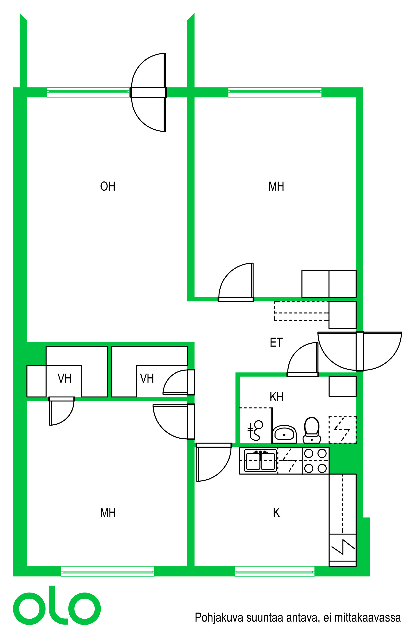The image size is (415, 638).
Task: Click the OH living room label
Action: tap(108, 186)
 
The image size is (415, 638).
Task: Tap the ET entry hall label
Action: tap(276, 342)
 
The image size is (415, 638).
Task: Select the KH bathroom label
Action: tap(276, 397)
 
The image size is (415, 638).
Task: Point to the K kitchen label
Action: tap(276, 513)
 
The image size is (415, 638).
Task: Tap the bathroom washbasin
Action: tap(284, 434)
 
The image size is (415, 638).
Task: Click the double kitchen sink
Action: tap(260, 460)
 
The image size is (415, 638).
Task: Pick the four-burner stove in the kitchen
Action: tap(315, 460)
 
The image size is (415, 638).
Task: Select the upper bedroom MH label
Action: tap(276, 186)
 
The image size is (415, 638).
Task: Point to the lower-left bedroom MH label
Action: tap(108, 513)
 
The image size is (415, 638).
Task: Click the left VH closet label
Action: tap(64, 378)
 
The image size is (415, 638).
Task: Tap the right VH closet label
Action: tap(147, 378)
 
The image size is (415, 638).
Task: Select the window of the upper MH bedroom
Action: tap(275, 92)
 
